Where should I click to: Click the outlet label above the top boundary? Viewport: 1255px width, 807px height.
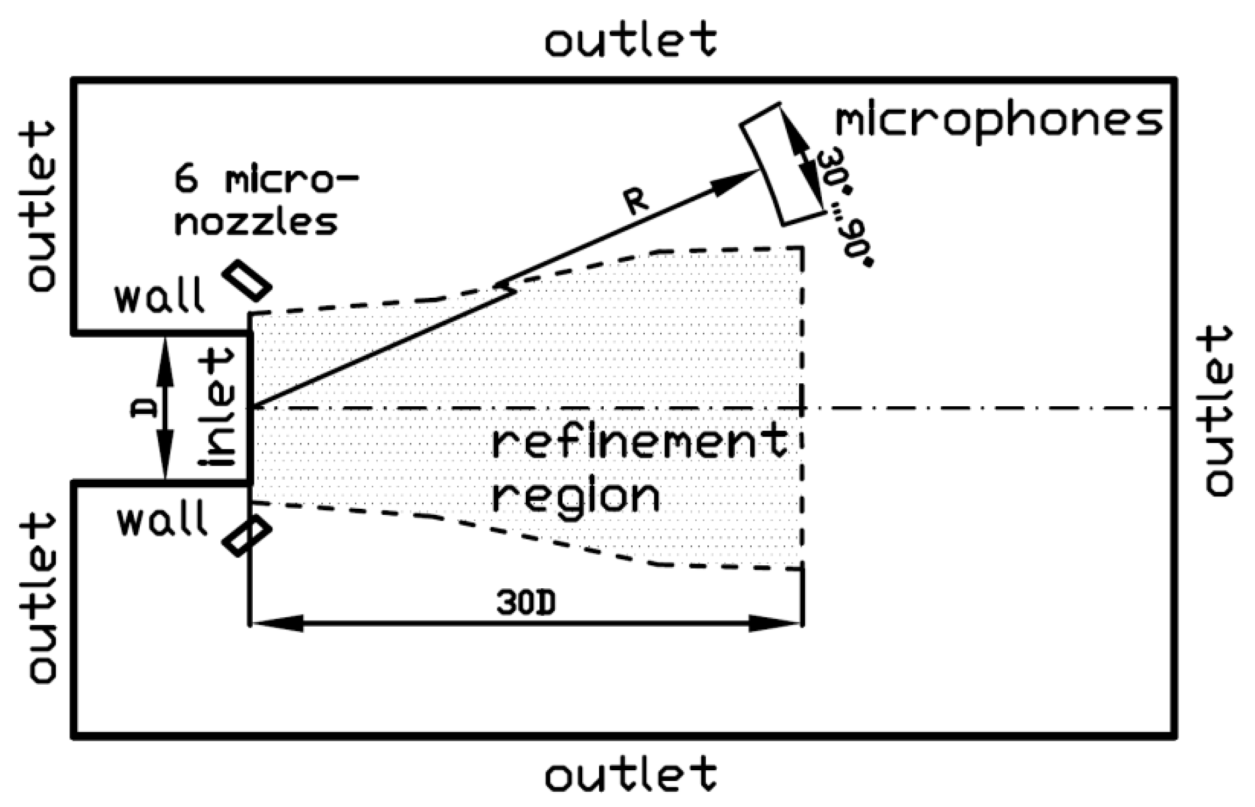(x=630, y=39)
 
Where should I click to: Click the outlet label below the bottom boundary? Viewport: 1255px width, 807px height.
(x=630, y=773)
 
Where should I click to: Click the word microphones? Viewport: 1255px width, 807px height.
(x=998, y=122)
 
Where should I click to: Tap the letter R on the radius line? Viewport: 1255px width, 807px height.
(x=637, y=203)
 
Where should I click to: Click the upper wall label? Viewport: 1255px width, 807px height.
(x=159, y=297)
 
